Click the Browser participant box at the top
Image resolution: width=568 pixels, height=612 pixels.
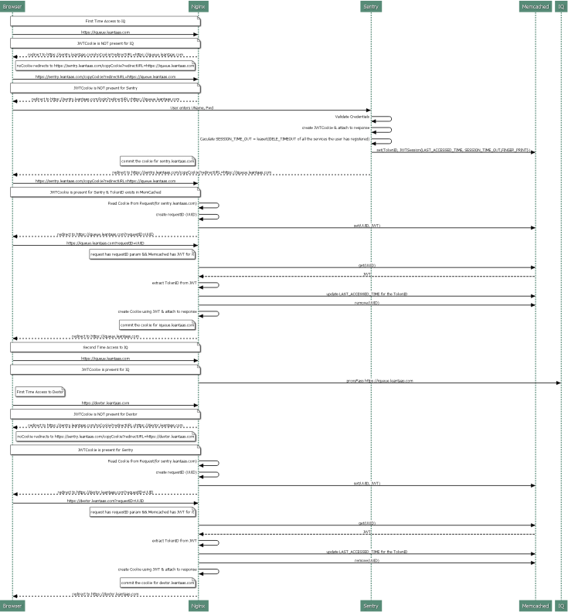coord(12,7)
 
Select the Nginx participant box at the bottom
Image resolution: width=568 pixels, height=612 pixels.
coord(199,605)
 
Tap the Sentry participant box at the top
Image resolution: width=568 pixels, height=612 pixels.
coord(371,7)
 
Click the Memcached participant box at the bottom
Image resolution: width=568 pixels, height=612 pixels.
coord(535,605)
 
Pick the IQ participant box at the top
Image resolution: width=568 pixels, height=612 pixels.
coord(561,7)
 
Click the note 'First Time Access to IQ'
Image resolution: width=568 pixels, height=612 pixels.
coord(105,21)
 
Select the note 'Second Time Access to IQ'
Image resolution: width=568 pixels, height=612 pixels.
coord(105,348)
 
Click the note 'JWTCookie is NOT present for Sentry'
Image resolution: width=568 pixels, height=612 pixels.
coord(105,88)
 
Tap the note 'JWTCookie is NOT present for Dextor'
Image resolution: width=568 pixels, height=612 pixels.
coord(105,414)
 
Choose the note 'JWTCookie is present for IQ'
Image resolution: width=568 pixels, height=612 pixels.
coord(105,370)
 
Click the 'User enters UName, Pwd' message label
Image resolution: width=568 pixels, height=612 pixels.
coord(192,107)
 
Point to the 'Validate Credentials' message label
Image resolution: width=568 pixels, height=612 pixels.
coord(352,116)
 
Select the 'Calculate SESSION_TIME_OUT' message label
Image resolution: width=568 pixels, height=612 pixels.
coord(284,138)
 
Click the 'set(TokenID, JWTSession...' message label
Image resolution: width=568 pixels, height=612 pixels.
coord(453,149)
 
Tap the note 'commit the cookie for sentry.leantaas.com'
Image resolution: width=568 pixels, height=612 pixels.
coord(158,161)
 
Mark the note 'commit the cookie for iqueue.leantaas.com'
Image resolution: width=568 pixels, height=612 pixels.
coord(157,325)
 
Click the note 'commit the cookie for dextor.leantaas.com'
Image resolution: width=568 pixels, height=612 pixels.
coord(157,583)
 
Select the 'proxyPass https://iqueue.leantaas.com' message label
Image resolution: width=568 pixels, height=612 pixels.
coord(379,381)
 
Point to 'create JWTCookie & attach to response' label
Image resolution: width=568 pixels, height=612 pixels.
coord(335,127)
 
